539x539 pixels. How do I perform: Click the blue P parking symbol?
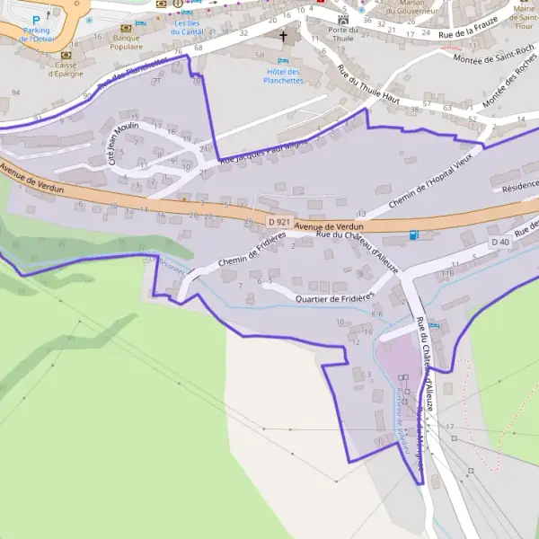click(36, 19)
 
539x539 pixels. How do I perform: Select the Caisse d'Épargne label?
click(66, 69)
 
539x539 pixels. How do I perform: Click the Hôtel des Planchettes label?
click(283, 76)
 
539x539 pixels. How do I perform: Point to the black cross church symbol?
click(285, 37)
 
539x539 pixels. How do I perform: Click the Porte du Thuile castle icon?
click(342, 20)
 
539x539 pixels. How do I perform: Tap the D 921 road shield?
click(279, 221)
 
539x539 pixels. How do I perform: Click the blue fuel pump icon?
click(413, 235)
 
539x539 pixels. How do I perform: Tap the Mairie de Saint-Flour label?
click(524, 13)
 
